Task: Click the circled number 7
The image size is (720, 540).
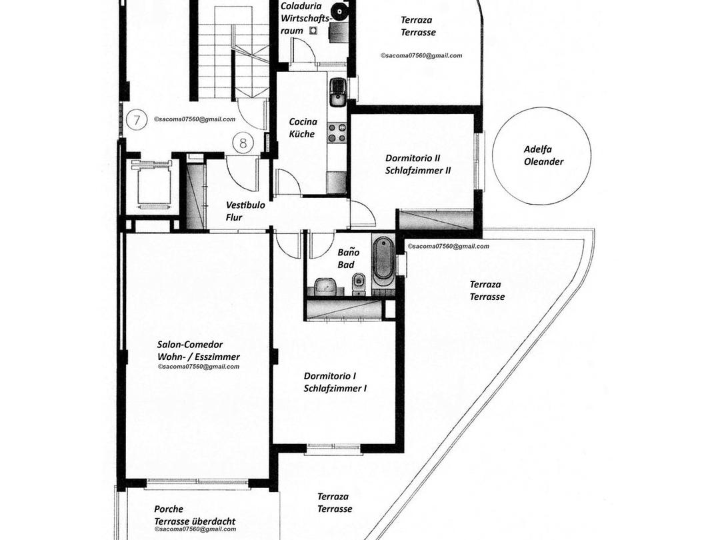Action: click(137, 121)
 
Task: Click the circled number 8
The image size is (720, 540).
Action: click(243, 142)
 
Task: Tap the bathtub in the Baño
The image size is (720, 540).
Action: click(383, 261)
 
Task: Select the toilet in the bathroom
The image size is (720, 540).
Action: click(359, 281)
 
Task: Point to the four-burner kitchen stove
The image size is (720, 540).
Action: click(337, 133)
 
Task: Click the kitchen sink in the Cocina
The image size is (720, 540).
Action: click(338, 91)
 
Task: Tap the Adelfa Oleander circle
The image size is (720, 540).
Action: click(541, 156)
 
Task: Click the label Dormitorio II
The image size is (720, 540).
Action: click(413, 158)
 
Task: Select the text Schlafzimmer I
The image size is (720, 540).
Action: click(335, 388)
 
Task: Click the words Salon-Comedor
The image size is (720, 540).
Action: click(189, 345)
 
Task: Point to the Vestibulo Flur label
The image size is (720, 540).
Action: click(245, 211)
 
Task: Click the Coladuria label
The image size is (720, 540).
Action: click(298, 6)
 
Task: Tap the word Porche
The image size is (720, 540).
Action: click(168, 509)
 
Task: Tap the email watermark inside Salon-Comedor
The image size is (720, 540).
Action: click(199, 367)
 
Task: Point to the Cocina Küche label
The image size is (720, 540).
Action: click(303, 127)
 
